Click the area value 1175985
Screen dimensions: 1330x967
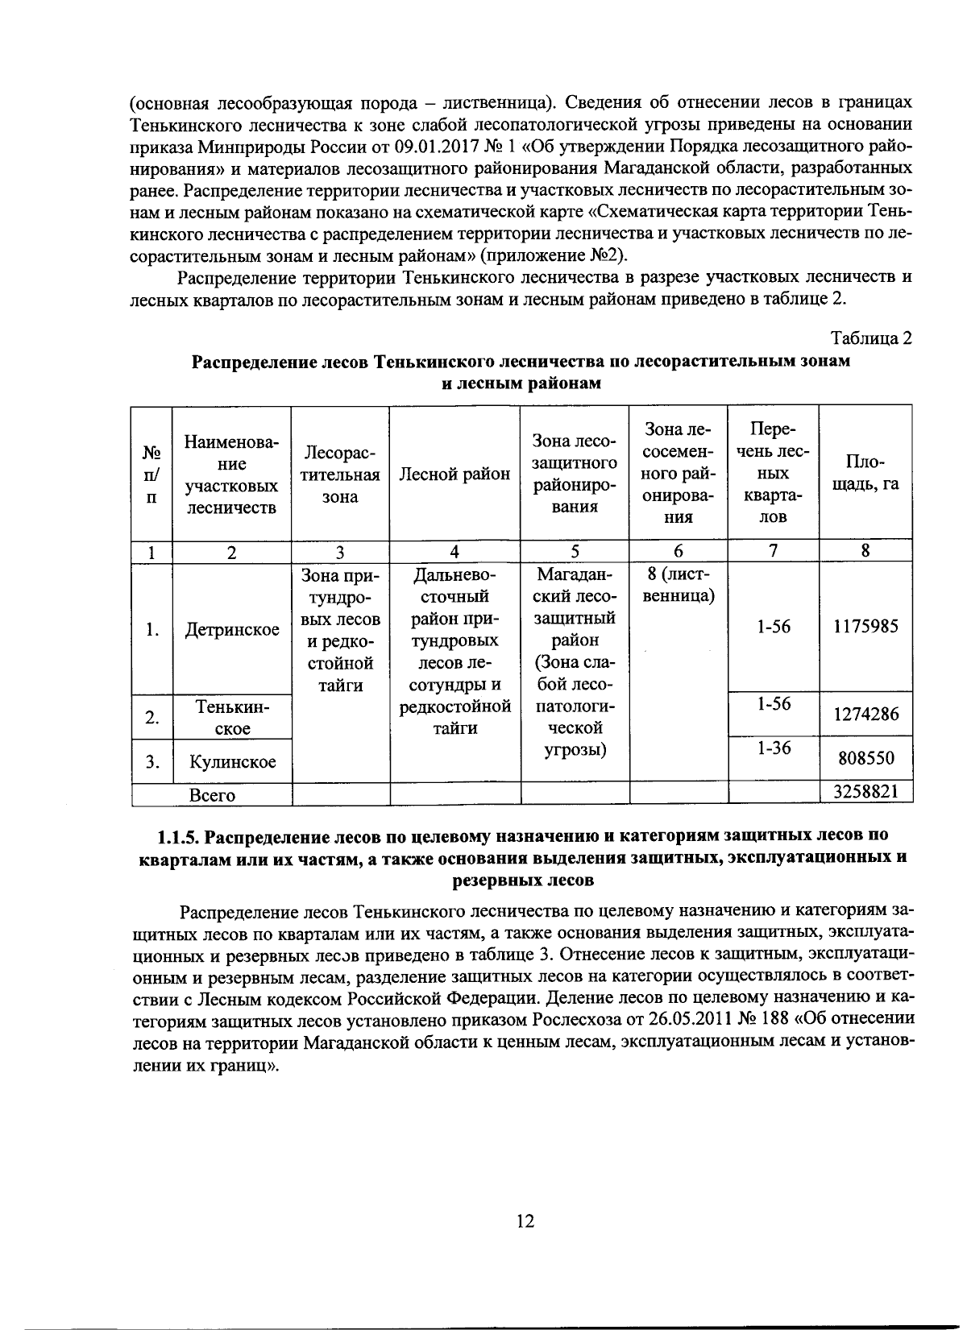[865, 627]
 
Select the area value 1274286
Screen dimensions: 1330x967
[865, 714]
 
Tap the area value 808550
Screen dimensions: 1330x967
[865, 758]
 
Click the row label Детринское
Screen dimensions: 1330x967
[232, 629]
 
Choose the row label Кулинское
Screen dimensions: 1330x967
[232, 761]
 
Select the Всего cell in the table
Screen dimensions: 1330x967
[212, 795]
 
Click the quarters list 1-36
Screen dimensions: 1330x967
[774, 748]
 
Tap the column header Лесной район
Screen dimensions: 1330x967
[454, 474]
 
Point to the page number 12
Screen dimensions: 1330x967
[525, 1221]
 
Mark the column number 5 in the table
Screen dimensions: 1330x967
[575, 552]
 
